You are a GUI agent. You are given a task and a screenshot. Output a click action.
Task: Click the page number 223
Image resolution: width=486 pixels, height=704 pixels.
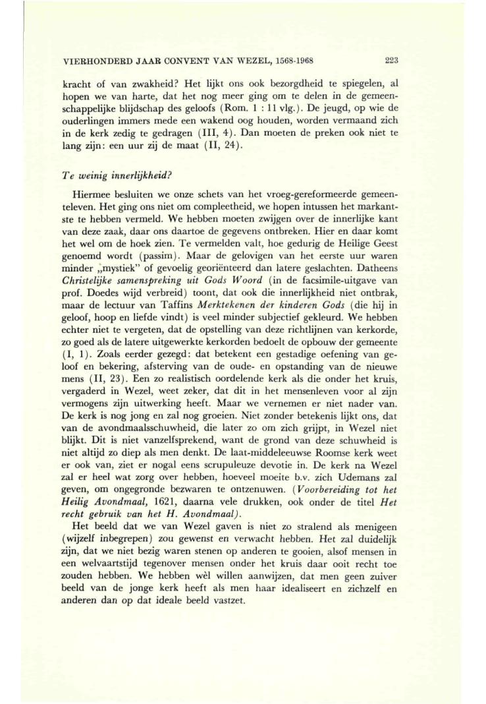392,61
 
